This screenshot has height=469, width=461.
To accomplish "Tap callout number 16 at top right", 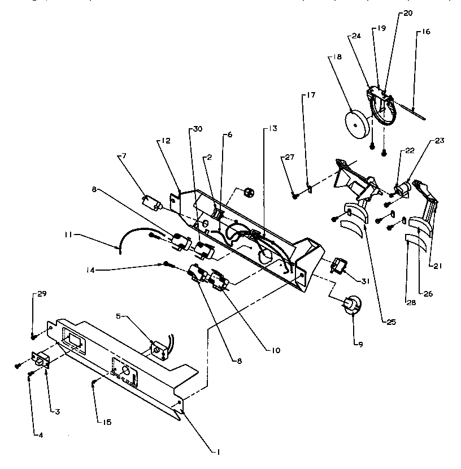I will pos(426,32).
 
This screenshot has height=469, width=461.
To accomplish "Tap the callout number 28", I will pos(411,302).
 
